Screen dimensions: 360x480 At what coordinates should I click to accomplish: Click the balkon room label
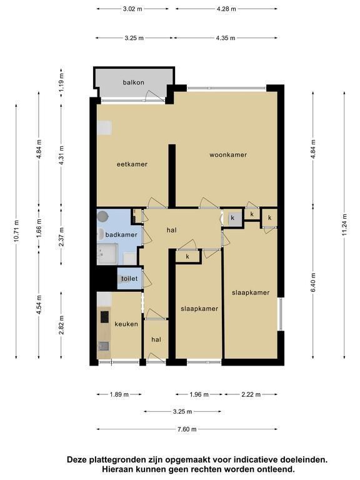[x=134, y=82]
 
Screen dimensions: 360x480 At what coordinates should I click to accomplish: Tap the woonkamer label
[x=228, y=155]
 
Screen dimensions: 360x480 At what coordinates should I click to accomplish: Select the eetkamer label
[x=132, y=164]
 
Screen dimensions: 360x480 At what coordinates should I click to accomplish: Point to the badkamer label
[x=121, y=235]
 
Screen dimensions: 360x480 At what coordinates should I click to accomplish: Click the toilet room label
[x=129, y=279]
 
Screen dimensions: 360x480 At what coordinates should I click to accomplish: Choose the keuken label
[x=126, y=324]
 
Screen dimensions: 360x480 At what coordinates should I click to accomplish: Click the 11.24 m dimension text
[x=345, y=225]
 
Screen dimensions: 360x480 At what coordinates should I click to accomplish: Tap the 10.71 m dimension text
[x=16, y=231]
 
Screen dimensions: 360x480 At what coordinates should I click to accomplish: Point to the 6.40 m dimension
[x=313, y=282]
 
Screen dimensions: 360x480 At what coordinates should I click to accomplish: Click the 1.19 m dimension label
[x=61, y=82]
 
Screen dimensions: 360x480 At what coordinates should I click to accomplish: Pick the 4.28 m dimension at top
[x=226, y=9]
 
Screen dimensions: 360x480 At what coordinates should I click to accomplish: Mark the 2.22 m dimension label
[x=251, y=394]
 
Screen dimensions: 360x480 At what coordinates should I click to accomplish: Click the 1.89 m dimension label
[x=119, y=394]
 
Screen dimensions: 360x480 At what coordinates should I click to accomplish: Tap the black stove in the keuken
[x=105, y=317]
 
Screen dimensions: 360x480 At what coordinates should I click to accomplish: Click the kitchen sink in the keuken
[x=104, y=346]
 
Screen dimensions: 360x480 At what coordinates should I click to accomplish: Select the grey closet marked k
[x=232, y=218]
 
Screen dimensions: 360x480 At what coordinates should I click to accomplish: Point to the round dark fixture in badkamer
[x=102, y=217]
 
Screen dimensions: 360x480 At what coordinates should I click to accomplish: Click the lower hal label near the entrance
[x=156, y=339]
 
